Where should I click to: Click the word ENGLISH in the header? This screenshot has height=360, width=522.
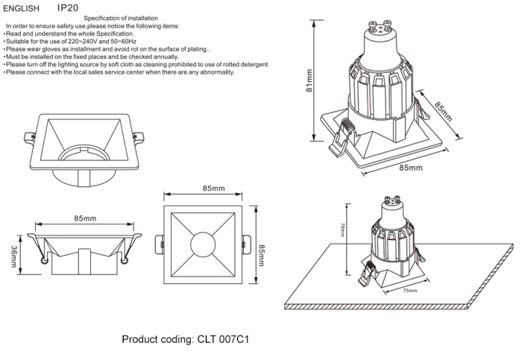point(21,8)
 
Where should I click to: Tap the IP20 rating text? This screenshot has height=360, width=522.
point(67,7)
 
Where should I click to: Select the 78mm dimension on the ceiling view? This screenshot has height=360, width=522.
point(342,231)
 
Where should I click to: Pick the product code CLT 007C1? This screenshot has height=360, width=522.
point(222,339)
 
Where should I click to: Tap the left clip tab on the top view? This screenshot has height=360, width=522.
point(159,244)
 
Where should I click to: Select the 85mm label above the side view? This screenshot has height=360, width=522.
point(84,218)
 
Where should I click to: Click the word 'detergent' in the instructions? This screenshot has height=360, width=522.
point(253,65)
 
